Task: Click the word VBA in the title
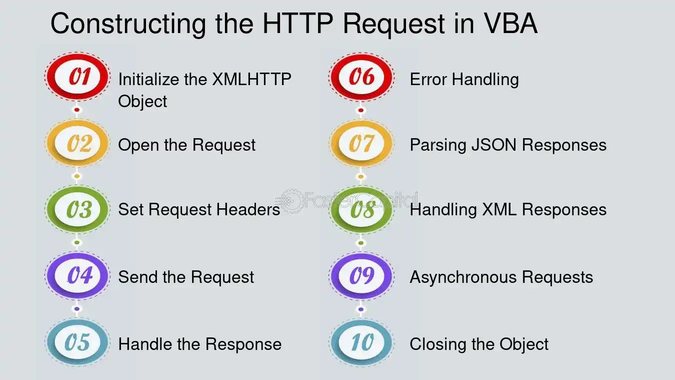(511, 24)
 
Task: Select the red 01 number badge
(77, 77)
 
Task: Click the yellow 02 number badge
(77, 143)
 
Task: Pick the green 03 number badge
(77, 209)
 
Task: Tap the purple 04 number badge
(77, 275)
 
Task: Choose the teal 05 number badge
(77, 342)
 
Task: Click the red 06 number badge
(361, 77)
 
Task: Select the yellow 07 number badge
(361, 143)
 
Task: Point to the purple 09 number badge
(361, 275)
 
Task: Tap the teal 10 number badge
(361, 342)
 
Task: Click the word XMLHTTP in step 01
(251, 80)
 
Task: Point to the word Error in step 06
(428, 80)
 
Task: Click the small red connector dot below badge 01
(77, 110)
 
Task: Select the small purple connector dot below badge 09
(361, 309)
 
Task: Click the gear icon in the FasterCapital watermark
(291, 201)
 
